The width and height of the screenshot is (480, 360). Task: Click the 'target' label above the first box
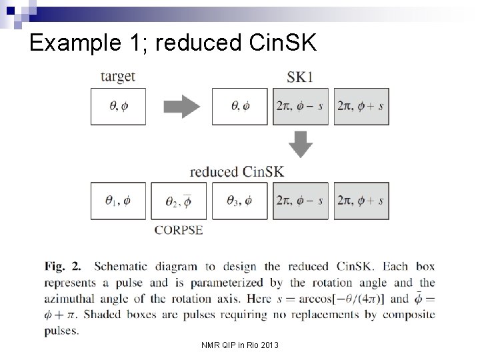[117, 77]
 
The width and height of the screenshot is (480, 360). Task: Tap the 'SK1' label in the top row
[301, 77]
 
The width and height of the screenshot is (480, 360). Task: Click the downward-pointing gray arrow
[301, 143]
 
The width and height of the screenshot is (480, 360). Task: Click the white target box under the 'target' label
[118, 106]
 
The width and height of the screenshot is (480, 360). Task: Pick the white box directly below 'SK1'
[239, 106]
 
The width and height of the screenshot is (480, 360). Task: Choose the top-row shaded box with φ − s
[301, 106]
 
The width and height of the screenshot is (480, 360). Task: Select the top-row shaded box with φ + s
[361, 106]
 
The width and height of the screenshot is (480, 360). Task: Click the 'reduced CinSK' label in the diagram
[237, 171]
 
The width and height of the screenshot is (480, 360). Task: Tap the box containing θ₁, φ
[118, 201]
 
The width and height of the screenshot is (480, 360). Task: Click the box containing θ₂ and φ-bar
[178, 201]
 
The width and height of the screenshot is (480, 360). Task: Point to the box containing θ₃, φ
[239, 201]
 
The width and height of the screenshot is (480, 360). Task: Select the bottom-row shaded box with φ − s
[301, 201]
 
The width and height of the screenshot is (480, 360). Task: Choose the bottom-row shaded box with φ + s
[361, 201]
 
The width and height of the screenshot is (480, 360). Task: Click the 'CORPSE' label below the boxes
[178, 231]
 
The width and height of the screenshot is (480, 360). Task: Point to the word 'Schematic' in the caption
[125, 266]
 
